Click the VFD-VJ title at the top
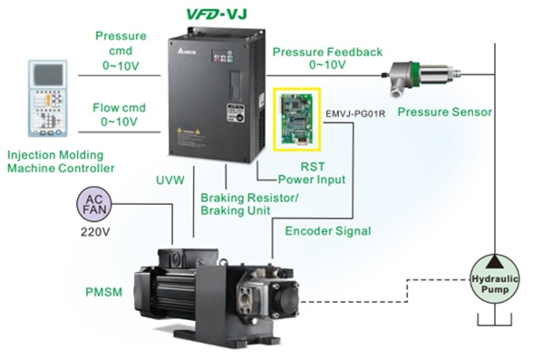pyautogui.click(x=217, y=14)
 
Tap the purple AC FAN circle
pyautogui.click(x=94, y=204)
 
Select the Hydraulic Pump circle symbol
pyautogui.click(x=495, y=279)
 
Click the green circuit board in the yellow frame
pyautogui.click(x=297, y=119)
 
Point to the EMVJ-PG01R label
pyautogui.click(x=355, y=113)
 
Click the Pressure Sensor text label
pyautogui.click(x=444, y=112)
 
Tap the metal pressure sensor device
pyautogui.click(x=421, y=78)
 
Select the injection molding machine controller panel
pyautogui.click(x=47, y=98)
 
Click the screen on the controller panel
pyautogui.click(x=48, y=74)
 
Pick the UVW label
pyautogui.click(x=170, y=180)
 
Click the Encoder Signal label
pyautogui.click(x=328, y=231)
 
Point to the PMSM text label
pyautogui.click(x=103, y=292)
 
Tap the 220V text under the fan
pyautogui.click(x=95, y=232)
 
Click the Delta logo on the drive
pyautogui.click(x=187, y=52)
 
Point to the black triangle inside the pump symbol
pyautogui.click(x=495, y=262)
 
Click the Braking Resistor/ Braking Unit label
pyautogui.click(x=249, y=204)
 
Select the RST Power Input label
pyautogui.click(x=312, y=173)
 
